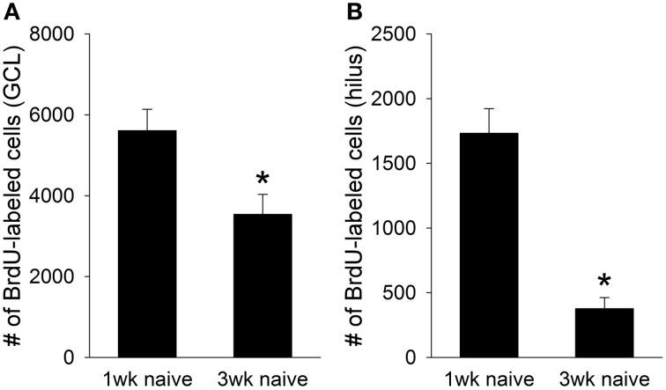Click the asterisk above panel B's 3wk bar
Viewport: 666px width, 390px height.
(604, 283)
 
